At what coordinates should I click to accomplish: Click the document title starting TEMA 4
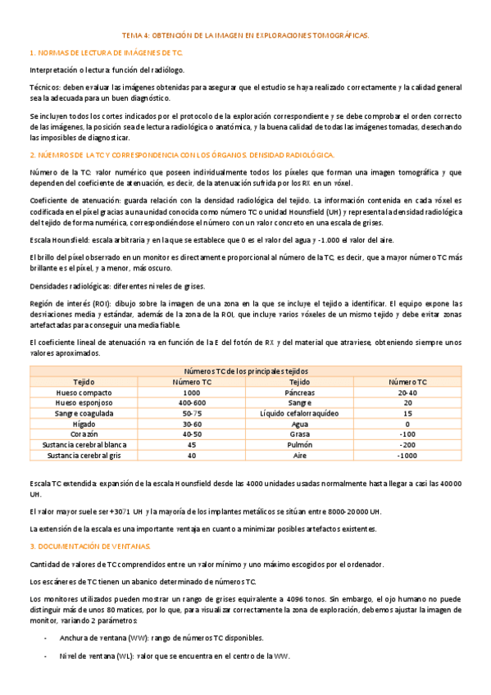[245, 36]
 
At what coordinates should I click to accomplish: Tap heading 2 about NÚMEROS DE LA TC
[176, 155]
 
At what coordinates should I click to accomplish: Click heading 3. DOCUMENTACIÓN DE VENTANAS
[89, 545]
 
